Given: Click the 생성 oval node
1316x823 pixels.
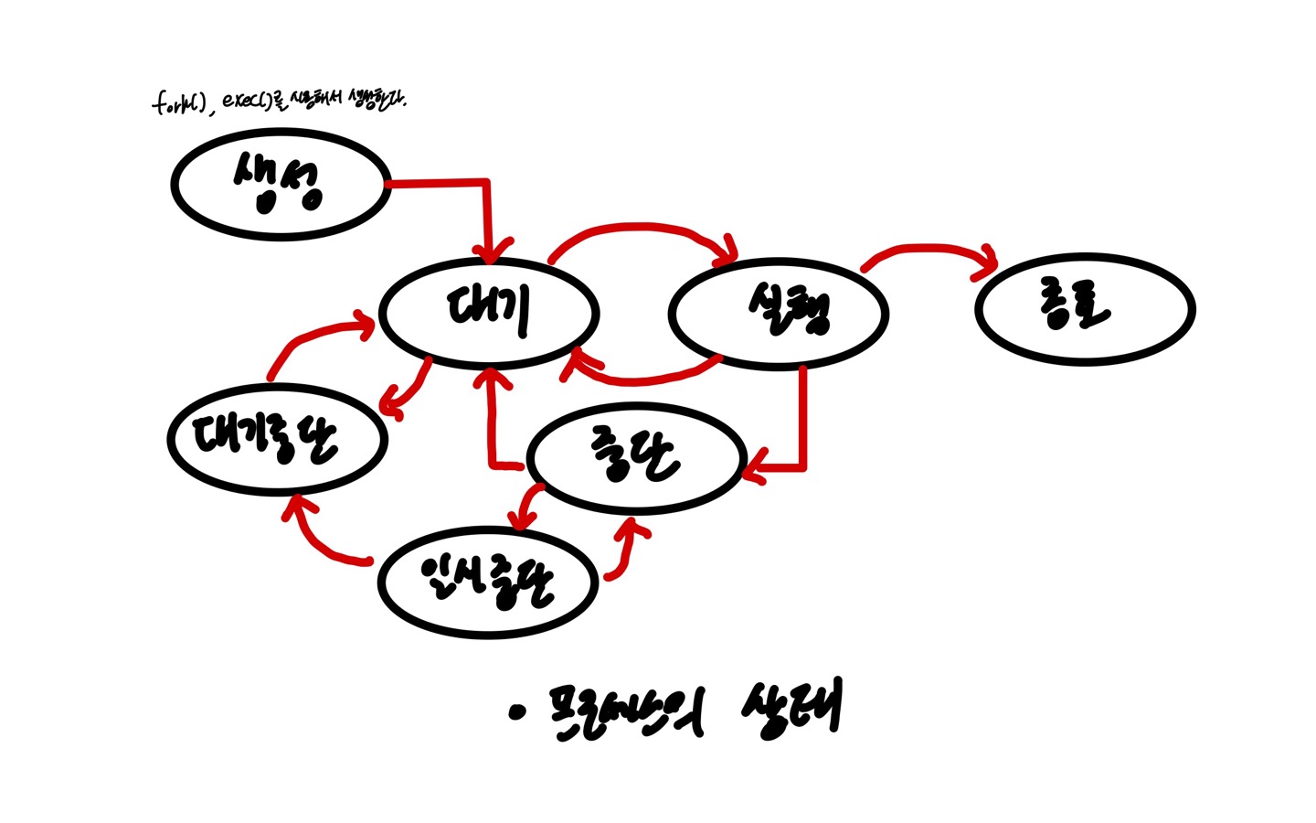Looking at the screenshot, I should point(281,184).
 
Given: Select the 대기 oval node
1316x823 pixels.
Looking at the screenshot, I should point(489,312).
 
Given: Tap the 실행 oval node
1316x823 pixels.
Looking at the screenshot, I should point(779,313).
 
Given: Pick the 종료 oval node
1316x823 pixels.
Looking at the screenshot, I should point(1085,309).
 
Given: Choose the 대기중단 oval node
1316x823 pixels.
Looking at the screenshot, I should point(278,439).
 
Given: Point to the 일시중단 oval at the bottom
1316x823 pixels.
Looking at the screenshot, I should point(488,582).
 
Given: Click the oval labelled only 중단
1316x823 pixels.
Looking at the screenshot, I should point(637,457).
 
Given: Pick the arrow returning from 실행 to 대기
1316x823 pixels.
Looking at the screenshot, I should point(640,377).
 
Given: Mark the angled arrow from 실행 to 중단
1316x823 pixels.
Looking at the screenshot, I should point(801,430).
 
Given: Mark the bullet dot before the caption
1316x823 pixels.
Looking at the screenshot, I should point(519,711).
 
